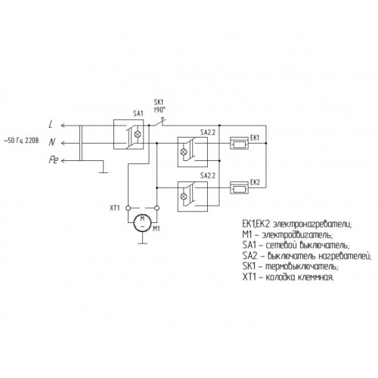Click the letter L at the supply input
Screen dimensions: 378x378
click(51, 124)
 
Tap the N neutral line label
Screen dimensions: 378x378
click(52, 142)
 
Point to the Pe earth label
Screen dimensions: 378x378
click(54, 160)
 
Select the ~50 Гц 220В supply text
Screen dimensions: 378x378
click(22, 141)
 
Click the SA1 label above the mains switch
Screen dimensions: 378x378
click(138, 113)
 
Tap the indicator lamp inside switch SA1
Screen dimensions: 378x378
click(138, 134)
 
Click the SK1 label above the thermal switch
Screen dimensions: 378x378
click(159, 102)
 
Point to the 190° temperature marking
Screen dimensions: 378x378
click(160, 110)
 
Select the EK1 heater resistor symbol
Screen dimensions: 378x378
click(239, 144)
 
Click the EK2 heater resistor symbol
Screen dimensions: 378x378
click(239, 189)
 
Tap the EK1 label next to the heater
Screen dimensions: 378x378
click(255, 138)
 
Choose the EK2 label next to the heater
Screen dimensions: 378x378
click(255, 182)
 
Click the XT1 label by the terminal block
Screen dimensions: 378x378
click(115, 208)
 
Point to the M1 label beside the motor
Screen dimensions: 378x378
click(156, 229)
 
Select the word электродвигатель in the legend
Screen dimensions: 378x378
click(297, 235)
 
